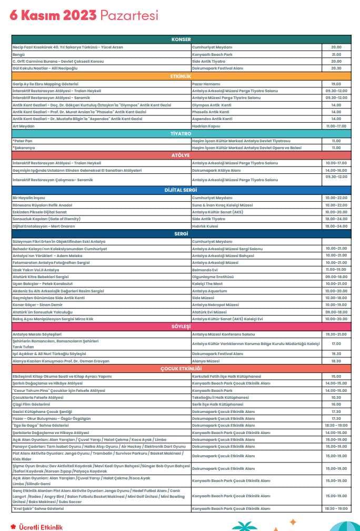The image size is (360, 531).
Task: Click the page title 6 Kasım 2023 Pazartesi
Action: (x=84, y=16)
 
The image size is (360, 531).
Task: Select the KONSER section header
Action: (x=181, y=40)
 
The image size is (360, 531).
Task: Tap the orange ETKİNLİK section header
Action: (x=181, y=76)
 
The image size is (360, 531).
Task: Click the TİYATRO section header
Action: (x=181, y=134)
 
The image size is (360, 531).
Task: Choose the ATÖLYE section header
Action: (x=181, y=156)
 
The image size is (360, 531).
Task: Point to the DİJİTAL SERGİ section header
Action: (x=181, y=190)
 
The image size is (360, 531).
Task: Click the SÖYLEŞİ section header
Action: (x=181, y=327)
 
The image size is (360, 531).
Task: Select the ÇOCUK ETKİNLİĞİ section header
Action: (x=181, y=369)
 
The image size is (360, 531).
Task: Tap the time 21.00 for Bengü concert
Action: (x=336, y=54)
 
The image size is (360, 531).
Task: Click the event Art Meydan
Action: (x=24, y=126)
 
